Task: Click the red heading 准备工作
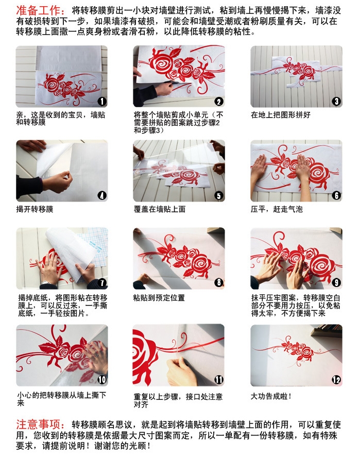tap(40, 10)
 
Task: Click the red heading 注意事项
tap(40, 425)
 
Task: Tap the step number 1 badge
tap(102, 102)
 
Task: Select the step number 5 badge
tap(219, 196)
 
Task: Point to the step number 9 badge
tap(336, 283)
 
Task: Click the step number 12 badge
tap(336, 380)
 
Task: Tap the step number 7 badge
tap(102, 283)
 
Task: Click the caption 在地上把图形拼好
tap(280, 115)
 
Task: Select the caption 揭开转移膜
tap(35, 209)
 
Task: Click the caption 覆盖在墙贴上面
tap(160, 209)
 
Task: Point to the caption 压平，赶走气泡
tap(277, 209)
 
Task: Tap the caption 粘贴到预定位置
tap(159, 298)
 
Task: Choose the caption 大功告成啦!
tap(271, 396)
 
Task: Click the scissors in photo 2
tap(177, 83)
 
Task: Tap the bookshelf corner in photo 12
tap(327, 331)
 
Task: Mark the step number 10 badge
tap(102, 380)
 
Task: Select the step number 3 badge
tap(336, 102)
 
